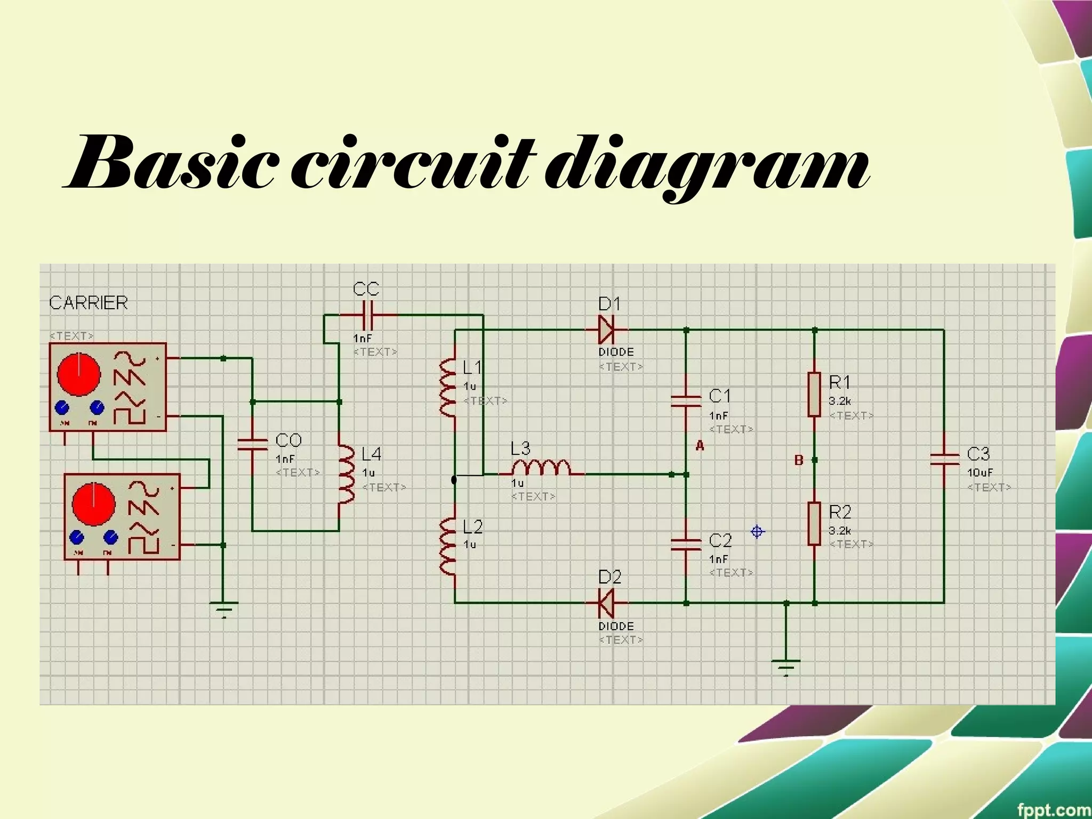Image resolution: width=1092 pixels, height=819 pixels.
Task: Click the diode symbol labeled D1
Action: (x=606, y=330)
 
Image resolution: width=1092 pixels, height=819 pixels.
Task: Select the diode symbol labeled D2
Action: (x=606, y=603)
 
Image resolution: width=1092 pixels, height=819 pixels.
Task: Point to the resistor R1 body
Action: (x=814, y=394)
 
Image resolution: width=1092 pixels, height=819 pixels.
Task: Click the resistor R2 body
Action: (x=814, y=523)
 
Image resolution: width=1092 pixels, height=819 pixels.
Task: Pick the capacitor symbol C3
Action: (x=944, y=459)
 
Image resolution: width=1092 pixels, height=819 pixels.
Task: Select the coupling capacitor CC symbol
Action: (x=368, y=315)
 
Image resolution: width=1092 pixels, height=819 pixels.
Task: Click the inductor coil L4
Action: (x=346, y=474)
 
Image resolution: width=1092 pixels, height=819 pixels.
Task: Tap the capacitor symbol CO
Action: (x=252, y=445)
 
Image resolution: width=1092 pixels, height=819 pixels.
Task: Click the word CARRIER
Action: (x=89, y=303)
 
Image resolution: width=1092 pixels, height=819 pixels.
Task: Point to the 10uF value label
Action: (x=980, y=473)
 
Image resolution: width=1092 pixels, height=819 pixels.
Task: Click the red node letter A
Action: (x=700, y=446)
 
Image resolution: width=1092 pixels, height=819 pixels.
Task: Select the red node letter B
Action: (x=798, y=460)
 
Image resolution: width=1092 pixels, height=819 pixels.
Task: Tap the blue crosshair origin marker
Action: (x=757, y=532)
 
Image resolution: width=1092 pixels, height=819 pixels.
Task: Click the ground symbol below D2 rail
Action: (x=786, y=667)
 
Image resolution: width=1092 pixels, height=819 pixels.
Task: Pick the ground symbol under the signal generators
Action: (x=223, y=609)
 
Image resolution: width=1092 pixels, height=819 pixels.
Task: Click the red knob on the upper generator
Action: (x=78, y=374)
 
